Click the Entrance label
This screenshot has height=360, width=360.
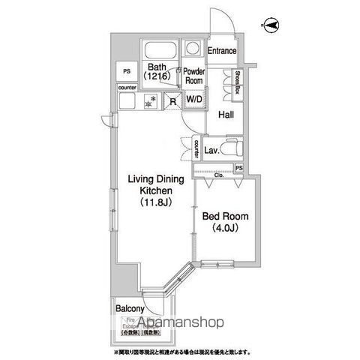(x=223, y=51)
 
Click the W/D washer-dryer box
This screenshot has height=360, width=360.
(x=193, y=99)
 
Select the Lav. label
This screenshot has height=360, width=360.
(x=211, y=149)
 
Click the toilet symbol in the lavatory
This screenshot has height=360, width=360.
(x=231, y=146)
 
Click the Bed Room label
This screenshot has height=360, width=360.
(x=222, y=217)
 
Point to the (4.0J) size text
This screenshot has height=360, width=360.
(x=222, y=229)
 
